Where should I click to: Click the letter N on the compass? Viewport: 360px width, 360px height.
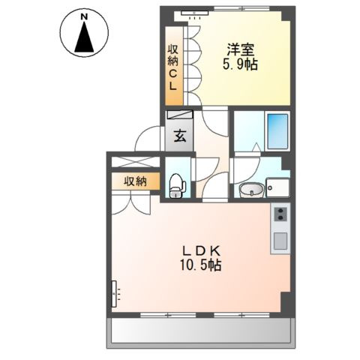coord(85,15)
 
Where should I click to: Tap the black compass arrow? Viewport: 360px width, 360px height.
coord(85,38)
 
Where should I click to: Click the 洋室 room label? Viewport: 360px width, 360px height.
coord(241,50)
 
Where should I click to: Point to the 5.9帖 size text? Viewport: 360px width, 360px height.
coord(241,65)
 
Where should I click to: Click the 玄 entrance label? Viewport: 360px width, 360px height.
coord(181,137)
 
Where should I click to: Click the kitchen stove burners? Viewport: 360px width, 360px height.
coord(280,215)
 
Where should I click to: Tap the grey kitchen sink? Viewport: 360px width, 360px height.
coord(280,241)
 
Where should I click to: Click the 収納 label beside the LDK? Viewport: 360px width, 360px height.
coord(136,181)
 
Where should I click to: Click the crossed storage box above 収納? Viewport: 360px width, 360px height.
coord(136,160)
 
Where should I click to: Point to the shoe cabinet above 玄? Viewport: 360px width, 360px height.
coord(180,118)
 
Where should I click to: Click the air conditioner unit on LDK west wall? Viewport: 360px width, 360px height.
coord(115,294)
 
